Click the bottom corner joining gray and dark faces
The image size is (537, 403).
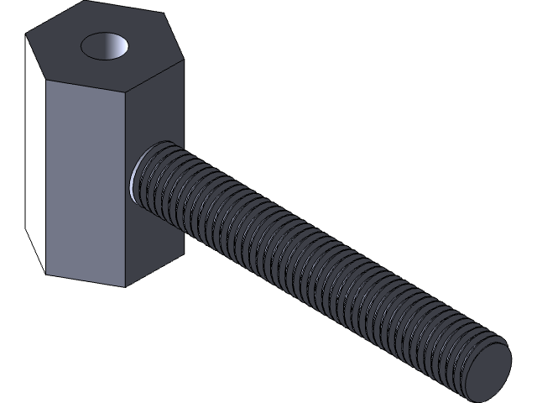tap(126, 286)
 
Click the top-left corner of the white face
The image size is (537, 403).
tap(26, 38)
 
